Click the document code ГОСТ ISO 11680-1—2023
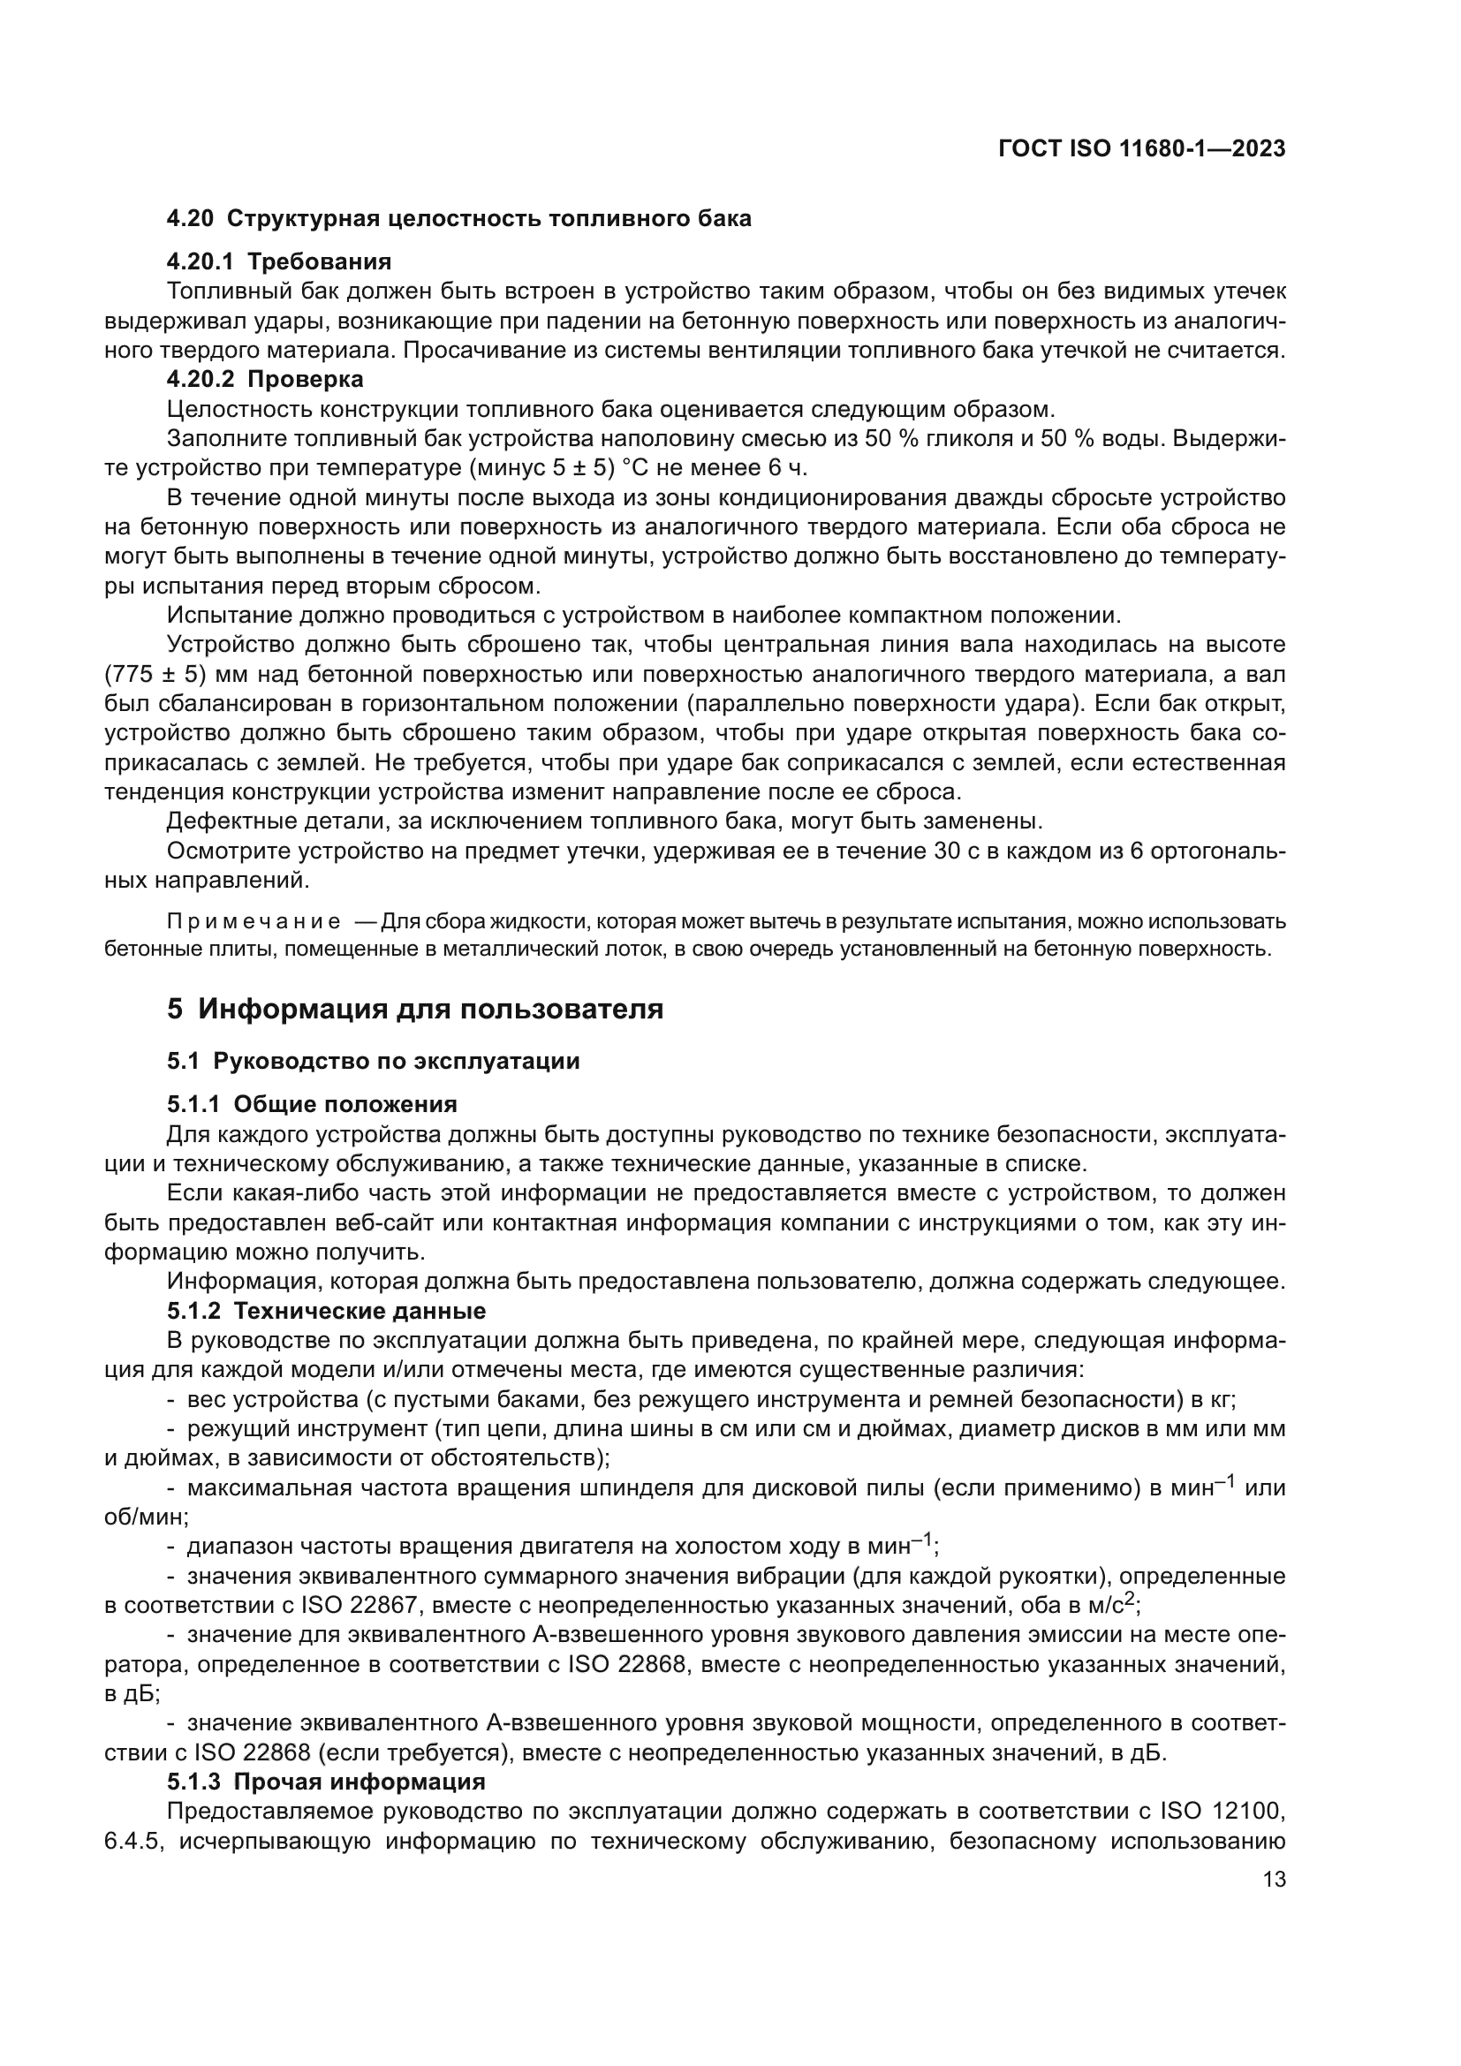(1141, 149)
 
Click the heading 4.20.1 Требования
(279, 261)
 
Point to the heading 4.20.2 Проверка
(264, 379)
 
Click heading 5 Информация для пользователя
(415, 1010)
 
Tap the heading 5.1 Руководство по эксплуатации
(373, 1061)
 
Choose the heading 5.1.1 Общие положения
(311, 1104)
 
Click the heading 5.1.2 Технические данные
(326, 1311)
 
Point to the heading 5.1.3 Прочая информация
(326, 1782)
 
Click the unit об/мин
(144, 1517)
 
